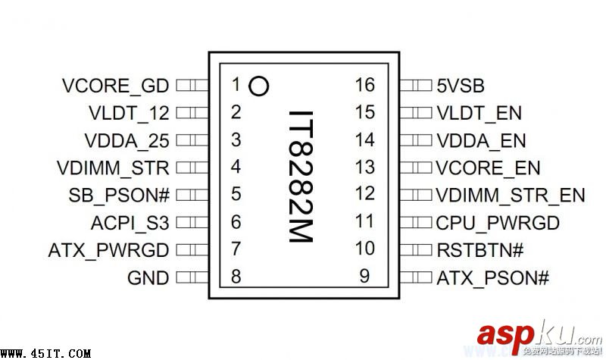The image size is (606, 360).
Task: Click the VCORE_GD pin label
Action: click(x=116, y=85)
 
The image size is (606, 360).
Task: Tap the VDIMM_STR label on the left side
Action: click(x=113, y=167)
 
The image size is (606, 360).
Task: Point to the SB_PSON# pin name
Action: click(x=118, y=195)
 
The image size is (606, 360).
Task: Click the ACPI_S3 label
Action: click(x=129, y=223)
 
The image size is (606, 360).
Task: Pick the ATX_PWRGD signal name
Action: click(x=108, y=250)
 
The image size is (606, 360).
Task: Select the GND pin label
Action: click(x=148, y=278)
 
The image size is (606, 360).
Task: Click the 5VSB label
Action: click(x=461, y=85)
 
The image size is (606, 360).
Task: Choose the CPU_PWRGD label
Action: click(x=498, y=223)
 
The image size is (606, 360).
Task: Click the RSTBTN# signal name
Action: click(x=479, y=250)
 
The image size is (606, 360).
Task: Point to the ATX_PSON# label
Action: click(x=492, y=278)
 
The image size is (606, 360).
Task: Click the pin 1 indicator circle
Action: click(x=258, y=85)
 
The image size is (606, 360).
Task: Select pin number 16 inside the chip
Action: click(x=364, y=84)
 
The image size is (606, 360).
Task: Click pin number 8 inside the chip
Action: click(x=236, y=277)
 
